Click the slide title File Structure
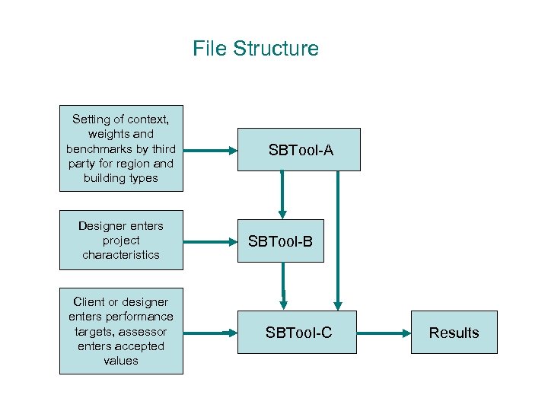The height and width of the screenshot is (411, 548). click(x=256, y=49)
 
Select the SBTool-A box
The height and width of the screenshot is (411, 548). click(x=301, y=150)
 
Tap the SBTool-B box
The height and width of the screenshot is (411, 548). click(x=281, y=242)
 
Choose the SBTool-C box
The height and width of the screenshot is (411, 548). click(x=298, y=333)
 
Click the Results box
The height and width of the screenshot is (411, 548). click(x=454, y=333)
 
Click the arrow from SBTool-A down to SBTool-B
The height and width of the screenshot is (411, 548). click(x=282, y=194)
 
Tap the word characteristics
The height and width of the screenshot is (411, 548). click(x=121, y=255)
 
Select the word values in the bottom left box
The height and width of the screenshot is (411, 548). click(x=121, y=360)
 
